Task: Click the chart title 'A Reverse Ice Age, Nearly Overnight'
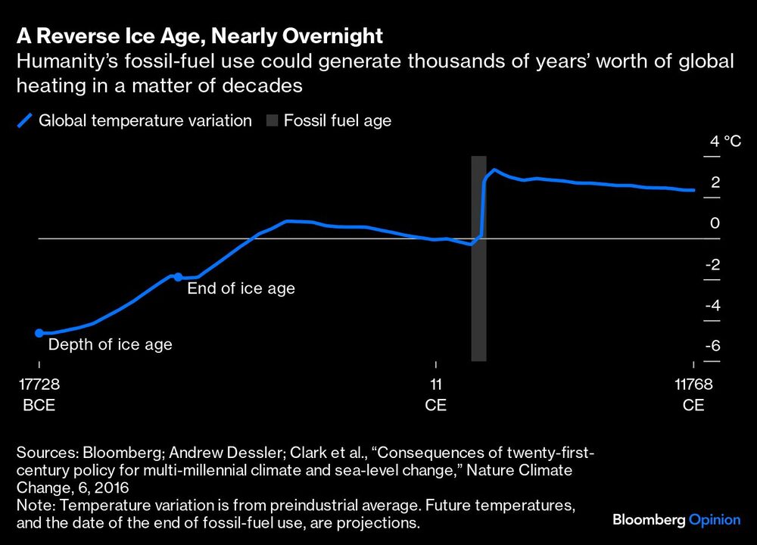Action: click(199, 36)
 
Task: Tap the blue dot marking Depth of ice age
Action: click(39, 332)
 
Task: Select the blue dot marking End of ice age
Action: click(178, 277)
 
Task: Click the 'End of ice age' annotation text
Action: click(241, 288)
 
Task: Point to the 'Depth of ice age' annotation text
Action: click(111, 344)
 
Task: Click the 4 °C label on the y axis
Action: click(725, 142)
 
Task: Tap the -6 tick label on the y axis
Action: click(712, 346)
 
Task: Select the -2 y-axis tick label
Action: click(712, 264)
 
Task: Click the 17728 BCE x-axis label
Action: click(39, 394)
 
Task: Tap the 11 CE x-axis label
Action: click(435, 394)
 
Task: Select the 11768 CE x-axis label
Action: click(693, 394)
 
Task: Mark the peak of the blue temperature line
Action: click(494, 170)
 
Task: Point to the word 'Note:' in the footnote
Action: click(33, 505)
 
